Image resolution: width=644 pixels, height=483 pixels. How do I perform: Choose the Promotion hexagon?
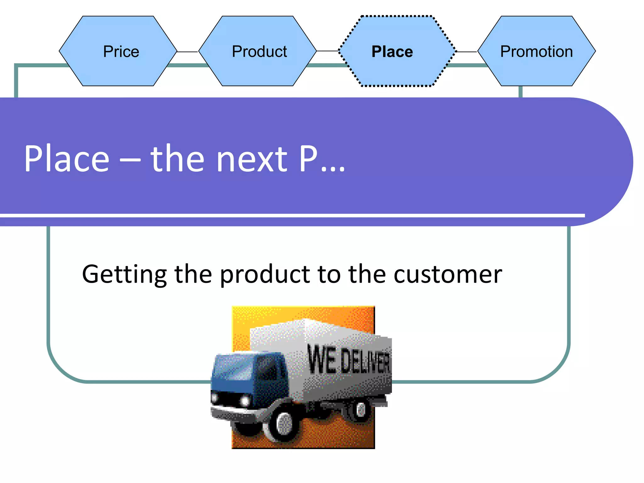tap(536, 51)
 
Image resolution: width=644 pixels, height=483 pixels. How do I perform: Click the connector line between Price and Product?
tap(188, 52)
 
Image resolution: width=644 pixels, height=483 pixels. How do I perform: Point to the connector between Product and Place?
tap(327, 51)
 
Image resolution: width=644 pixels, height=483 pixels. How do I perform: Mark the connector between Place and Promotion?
tap(467, 52)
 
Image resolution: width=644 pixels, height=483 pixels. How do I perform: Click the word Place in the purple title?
tap(67, 158)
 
